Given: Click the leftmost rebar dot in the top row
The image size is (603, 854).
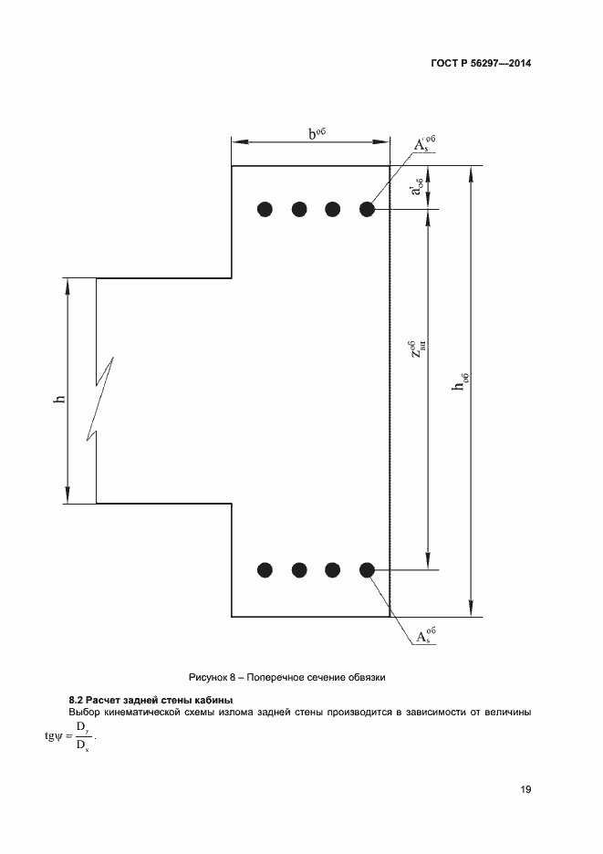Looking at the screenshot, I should (x=265, y=209).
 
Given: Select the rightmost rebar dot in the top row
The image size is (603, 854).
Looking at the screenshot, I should (x=367, y=209).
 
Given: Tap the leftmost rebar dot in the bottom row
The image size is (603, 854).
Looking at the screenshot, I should (x=265, y=570).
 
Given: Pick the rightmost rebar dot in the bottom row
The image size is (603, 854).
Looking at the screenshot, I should (x=367, y=570).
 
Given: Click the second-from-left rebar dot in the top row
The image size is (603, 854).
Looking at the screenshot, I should (x=299, y=209).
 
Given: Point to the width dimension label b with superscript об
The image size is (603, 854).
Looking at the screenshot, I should (x=317, y=133).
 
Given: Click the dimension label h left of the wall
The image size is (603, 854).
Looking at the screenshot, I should (x=59, y=398).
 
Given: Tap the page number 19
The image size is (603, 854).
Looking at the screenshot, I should (x=525, y=789).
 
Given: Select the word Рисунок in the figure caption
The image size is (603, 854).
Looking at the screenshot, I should (x=208, y=677).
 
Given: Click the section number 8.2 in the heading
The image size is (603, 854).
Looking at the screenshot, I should (x=77, y=700).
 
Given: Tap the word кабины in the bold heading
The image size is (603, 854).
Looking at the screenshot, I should (x=214, y=700).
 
